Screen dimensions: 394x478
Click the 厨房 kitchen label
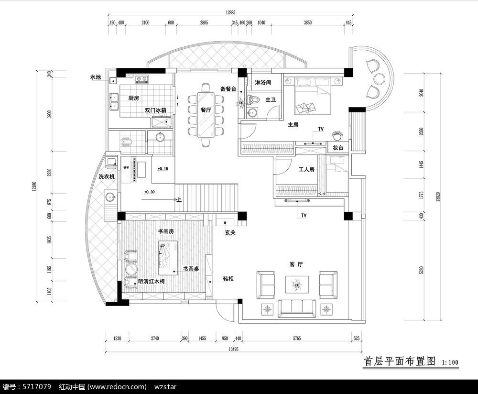[133, 98]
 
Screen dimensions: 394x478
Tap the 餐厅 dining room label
[206, 110]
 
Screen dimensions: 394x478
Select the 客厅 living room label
[296, 264]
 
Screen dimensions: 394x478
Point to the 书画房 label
[165, 231]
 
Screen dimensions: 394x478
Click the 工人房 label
[306, 169]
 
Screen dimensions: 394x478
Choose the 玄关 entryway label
[231, 233]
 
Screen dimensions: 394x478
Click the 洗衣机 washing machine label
[107, 176]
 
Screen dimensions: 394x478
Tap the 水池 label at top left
[96, 77]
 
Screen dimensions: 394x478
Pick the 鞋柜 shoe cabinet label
[228, 278]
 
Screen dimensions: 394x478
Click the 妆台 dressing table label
[337, 148]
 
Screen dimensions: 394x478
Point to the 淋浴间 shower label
[263, 83]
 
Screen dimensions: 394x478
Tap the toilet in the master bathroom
[254, 100]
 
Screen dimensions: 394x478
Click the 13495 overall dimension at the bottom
[233, 349]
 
